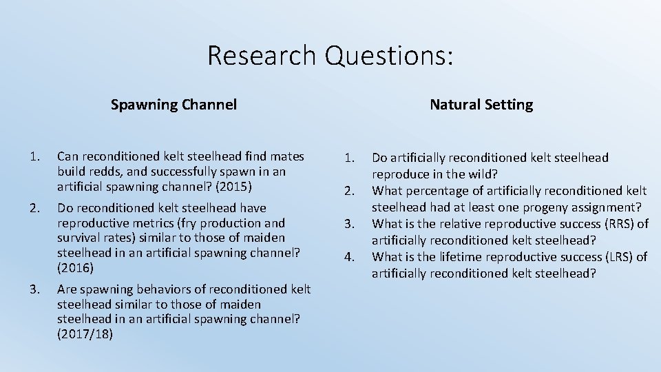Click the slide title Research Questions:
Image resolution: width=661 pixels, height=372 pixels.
click(330, 55)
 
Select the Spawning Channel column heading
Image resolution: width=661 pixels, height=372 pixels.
click(174, 105)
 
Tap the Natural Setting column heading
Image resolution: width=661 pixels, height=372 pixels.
click(481, 105)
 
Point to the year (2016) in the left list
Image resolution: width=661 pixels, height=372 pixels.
click(75, 267)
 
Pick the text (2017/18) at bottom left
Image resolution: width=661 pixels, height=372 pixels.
click(87, 334)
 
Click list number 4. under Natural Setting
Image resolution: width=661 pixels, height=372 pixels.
click(350, 257)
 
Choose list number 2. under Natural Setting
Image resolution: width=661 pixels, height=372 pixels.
click(350, 191)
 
